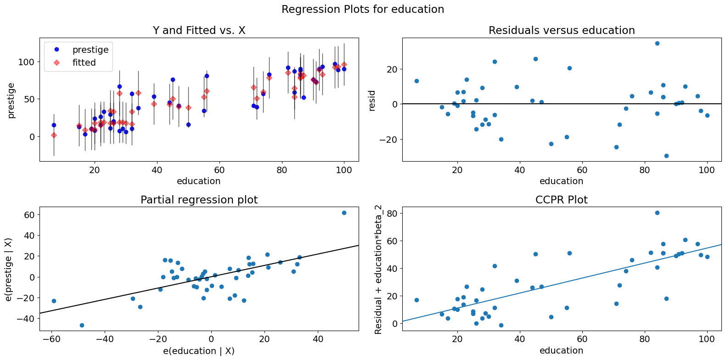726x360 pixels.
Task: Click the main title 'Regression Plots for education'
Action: [363, 9]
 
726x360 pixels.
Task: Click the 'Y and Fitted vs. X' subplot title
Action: [199, 30]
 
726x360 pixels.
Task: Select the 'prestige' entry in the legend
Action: [90, 50]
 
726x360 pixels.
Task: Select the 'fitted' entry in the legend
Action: [84, 62]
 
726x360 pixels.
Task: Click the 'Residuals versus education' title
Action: [561, 30]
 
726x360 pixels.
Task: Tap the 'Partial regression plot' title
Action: [199, 200]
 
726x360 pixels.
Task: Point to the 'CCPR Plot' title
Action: [561, 200]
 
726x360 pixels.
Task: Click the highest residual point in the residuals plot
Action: [657, 43]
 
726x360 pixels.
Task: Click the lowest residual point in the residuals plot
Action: [666, 156]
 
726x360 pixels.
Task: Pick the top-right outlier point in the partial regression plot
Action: [344, 213]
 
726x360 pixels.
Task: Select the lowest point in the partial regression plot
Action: [82, 325]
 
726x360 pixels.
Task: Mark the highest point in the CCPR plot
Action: [657, 213]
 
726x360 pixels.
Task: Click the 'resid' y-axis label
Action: [372, 100]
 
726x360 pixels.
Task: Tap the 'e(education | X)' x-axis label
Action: [199, 351]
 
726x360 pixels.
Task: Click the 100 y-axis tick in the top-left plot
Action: [27, 62]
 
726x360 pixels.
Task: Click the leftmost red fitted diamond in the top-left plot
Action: [54, 135]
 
